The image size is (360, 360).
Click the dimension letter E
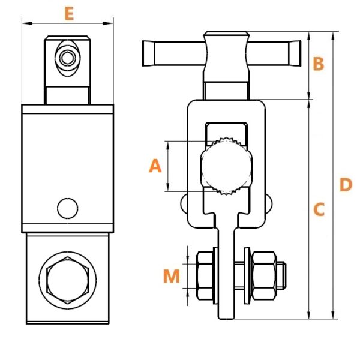(x=69, y=14)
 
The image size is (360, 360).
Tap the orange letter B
(x=319, y=64)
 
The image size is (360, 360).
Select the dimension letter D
(x=346, y=185)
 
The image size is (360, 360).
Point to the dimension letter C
(x=319, y=209)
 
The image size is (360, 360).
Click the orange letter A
(x=155, y=166)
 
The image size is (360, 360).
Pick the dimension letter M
(x=171, y=276)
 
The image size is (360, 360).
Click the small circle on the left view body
(x=67, y=208)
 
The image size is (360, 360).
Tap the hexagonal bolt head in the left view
(x=67, y=280)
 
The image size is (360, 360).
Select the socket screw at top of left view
(x=67, y=58)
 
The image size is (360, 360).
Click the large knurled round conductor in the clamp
(x=227, y=166)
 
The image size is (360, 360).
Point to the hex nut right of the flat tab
(x=264, y=275)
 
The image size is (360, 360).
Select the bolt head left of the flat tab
(x=205, y=275)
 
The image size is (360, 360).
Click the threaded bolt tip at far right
(x=281, y=275)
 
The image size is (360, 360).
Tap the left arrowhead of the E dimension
(x=28, y=23)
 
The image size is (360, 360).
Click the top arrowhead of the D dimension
(x=333, y=37)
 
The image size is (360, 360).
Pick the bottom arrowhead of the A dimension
(x=168, y=187)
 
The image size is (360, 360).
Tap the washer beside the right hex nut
(x=247, y=275)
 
